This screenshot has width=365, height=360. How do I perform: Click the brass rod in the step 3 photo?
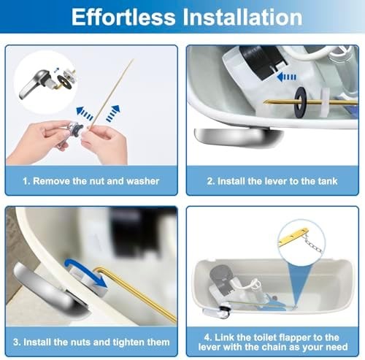coord(139,285)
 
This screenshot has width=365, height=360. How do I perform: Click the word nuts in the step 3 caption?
coord(79,342)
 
